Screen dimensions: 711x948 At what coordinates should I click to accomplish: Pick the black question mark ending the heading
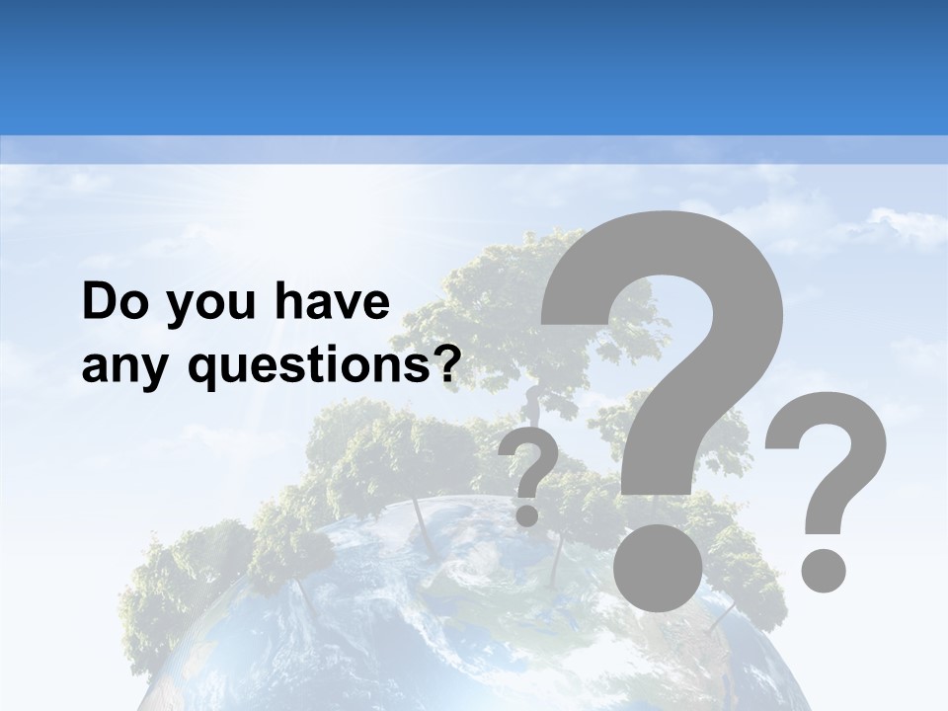coord(448,365)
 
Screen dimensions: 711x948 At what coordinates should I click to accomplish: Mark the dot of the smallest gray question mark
coord(527,514)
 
